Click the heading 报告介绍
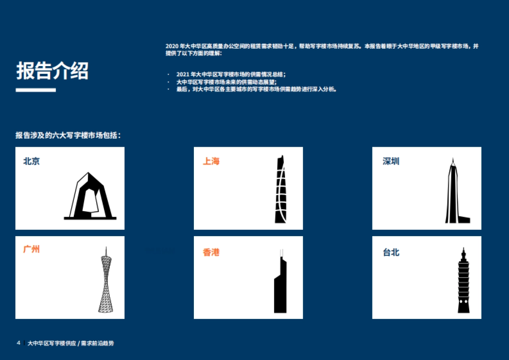click(x=52, y=71)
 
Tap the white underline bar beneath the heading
click(x=36, y=90)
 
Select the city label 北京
click(x=31, y=162)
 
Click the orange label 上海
click(x=211, y=162)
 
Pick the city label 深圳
click(x=391, y=162)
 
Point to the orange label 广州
click(x=31, y=249)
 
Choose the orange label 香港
click(x=211, y=253)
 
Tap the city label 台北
click(x=391, y=253)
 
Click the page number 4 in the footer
click(x=18, y=343)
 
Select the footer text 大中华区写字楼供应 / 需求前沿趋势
click(x=70, y=343)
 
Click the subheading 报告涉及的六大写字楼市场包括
click(x=68, y=136)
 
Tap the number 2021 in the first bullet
click(x=182, y=74)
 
